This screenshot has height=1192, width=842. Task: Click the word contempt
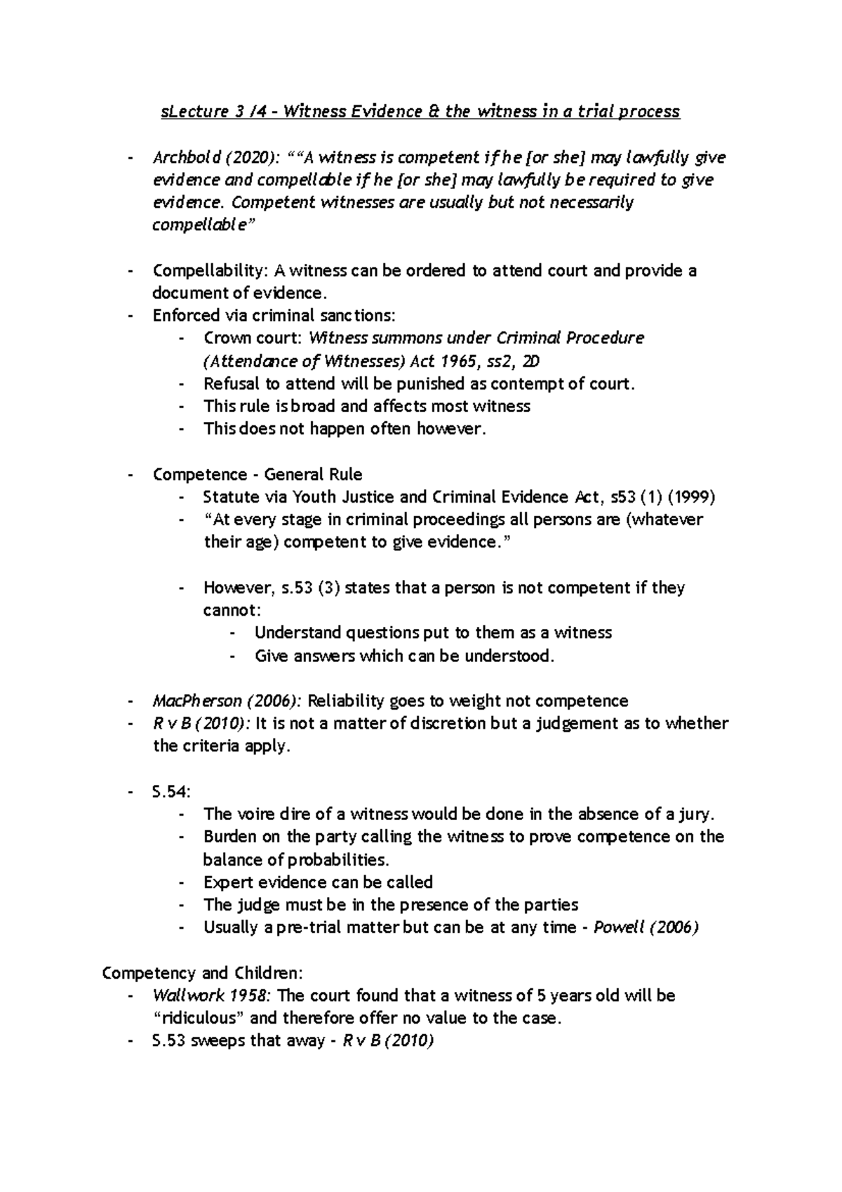523,384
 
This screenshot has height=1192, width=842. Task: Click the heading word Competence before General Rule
199,475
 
